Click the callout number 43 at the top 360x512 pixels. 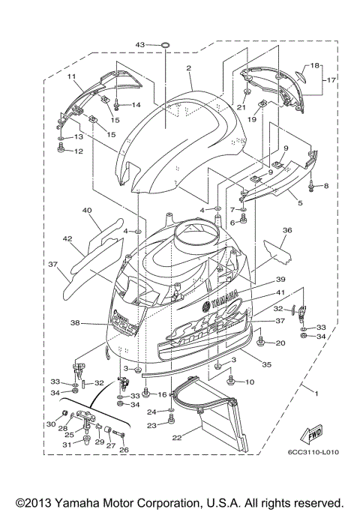click(x=140, y=46)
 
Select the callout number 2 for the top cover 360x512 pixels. click(x=190, y=68)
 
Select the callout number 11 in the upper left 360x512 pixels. click(x=73, y=77)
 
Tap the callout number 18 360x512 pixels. click(x=315, y=65)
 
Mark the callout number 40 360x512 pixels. click(x=87, y=211)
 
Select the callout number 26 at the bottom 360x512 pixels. click(x=124, y=450)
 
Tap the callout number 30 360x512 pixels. click(x=51, y=424)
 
